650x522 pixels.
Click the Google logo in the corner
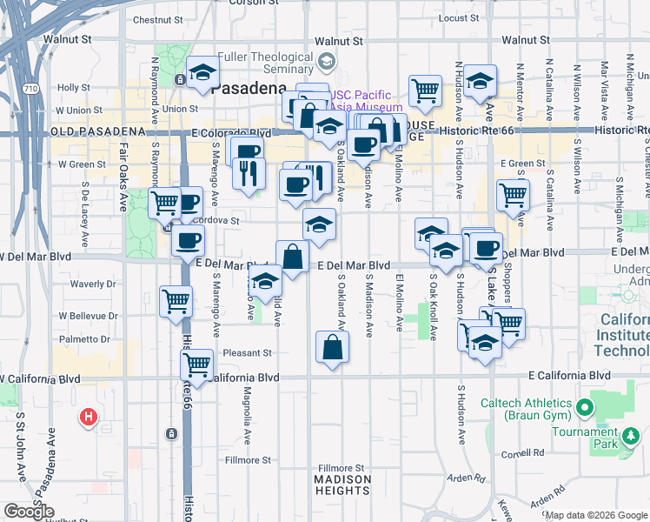click(29, 512)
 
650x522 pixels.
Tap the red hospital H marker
click(88, 418)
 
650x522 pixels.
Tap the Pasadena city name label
click(248, 89)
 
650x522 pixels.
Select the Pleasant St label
click(248, 353)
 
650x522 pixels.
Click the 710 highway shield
click(31, 89)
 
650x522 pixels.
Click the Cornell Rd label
click(527, 453)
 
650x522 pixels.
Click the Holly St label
click(74, 88)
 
